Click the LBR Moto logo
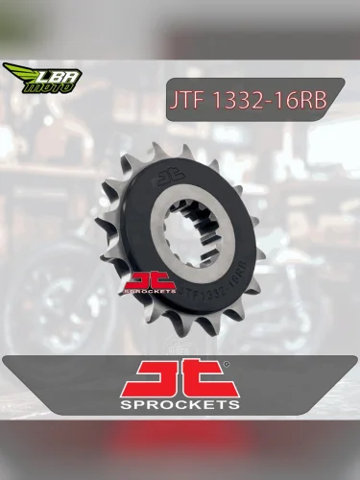click(x=42, y=78)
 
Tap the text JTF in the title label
click(x=191, y=102)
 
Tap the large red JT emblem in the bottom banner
click(x=180, y=380)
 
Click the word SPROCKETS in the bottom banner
click(x=180, y=407)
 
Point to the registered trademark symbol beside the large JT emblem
click(x=226, y=366)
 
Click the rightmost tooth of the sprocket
click(x=265, y=245)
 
